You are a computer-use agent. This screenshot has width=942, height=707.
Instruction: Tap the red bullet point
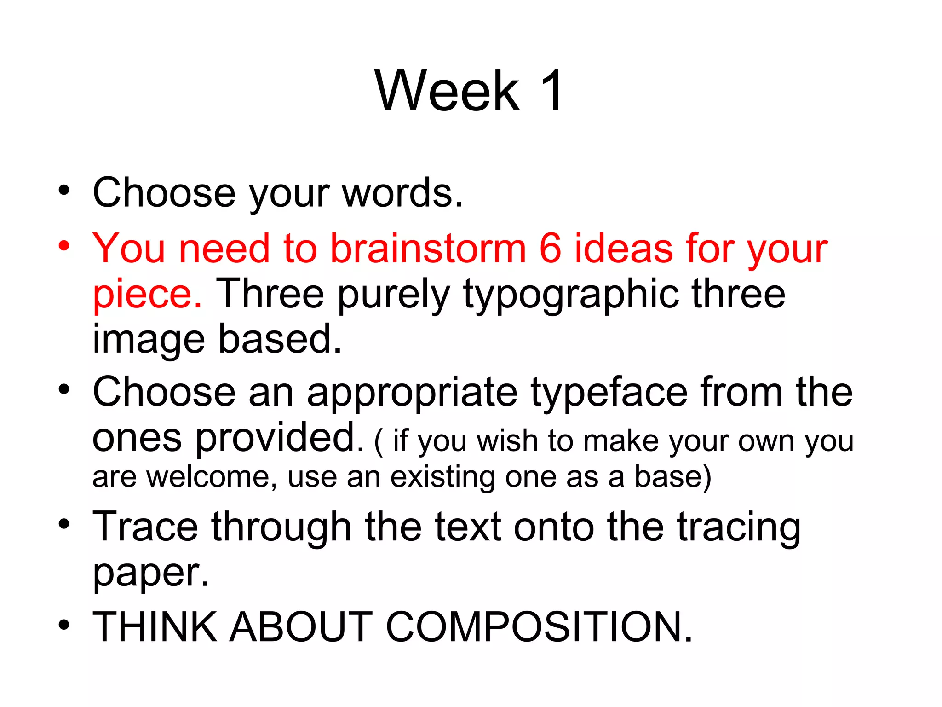coord(64,244)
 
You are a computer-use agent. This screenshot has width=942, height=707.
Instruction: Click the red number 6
coord(550,249)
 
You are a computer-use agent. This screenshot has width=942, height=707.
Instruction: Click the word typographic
coord(571,295)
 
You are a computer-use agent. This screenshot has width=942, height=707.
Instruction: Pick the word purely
coord(394,295)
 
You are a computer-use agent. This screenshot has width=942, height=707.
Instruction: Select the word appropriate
coord(412,393)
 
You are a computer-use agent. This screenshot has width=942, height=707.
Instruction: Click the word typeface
coord(609,393)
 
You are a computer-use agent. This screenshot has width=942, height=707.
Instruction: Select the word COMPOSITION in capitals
coord(539,627)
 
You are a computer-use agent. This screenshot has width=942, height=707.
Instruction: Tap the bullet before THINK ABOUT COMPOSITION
coord(64,625)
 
